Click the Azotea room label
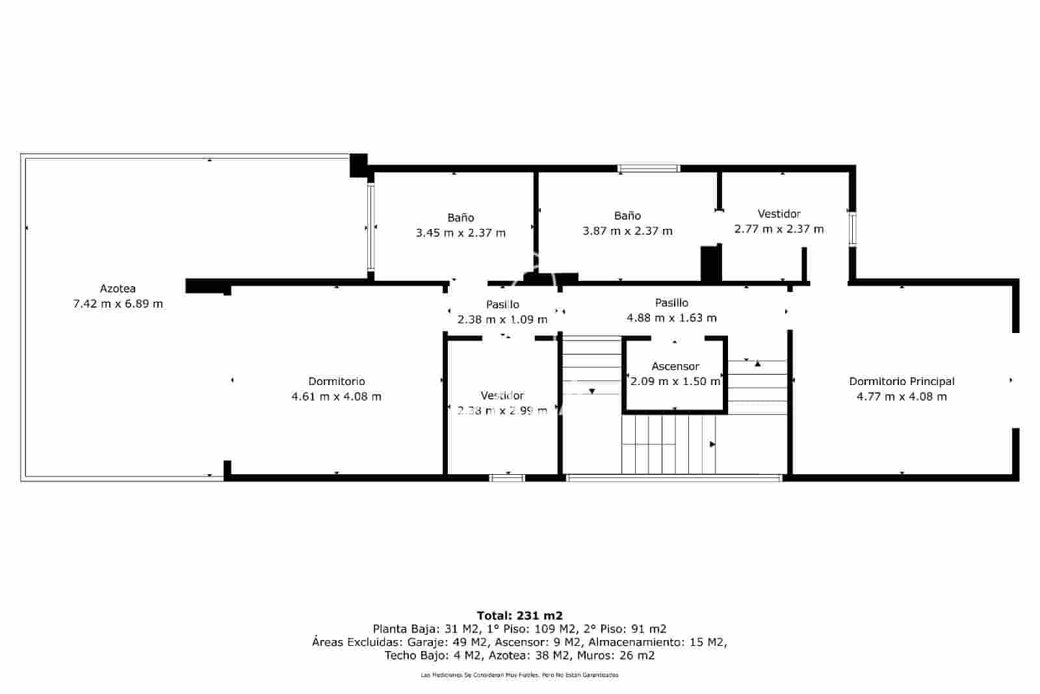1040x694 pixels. click(118, 288)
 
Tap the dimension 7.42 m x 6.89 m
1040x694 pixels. click(118, 304)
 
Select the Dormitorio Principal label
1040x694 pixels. click(902, 381)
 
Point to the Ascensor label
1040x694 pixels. click(675, 366)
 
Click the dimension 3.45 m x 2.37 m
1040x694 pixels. click(460, 233)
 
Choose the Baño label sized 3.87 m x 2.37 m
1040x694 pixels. click(627, 215)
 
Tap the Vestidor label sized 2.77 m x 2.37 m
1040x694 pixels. click(779, 213)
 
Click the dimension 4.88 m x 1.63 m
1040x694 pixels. click(671, 318)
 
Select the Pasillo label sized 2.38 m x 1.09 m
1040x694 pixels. click(502, 304)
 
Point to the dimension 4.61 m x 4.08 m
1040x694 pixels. click(336, 397)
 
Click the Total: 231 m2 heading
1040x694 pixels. click(519, 615)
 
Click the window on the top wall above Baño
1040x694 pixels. click(648, 168)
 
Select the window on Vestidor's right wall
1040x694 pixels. click(851, 228)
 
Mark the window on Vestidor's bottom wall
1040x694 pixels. click(507, 478)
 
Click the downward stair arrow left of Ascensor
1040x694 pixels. click(592, 392)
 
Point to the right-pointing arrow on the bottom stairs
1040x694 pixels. click(712, 444)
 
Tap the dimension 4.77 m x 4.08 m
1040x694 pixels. click(902, 397)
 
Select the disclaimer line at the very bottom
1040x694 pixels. click(519, 675)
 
